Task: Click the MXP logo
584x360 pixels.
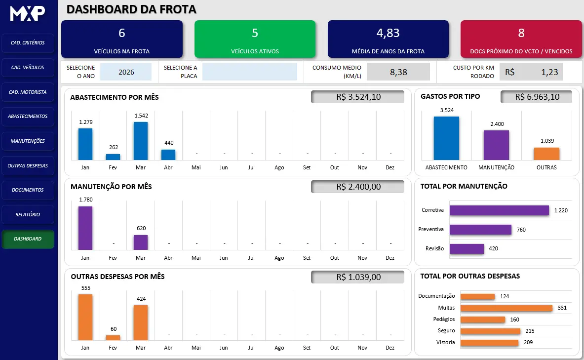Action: [x=28, y=13]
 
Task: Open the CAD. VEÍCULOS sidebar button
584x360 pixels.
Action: [x=28, y=68]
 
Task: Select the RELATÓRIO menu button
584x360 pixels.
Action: [x=28, y=215]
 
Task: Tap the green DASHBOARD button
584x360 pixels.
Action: [x=28, y=239]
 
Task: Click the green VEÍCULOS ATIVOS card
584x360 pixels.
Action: [x=255, y=39]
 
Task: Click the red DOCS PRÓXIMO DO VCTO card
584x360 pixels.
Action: [x=521, y=39]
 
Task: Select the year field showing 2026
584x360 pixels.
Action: [x=126, y=72]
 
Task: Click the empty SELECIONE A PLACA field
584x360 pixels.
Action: [x=249, y=72]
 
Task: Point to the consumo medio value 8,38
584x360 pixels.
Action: [x=398, y=72]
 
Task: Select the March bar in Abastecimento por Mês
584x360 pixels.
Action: [x=141, y=141]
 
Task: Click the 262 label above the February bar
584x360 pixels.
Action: [x=114, y=147]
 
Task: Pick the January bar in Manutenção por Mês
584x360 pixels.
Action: [x=85, y=228]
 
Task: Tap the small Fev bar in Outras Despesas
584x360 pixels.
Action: [x=113, y=338]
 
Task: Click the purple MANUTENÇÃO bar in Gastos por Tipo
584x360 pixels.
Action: [x=497, y=145]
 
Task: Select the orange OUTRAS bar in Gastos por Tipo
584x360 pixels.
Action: [x=547, y=154]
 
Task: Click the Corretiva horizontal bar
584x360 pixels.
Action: [x=499, y=210]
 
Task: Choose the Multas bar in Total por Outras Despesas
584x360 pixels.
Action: [x=506, y=308]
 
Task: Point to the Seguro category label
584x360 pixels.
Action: [x=446, y=330]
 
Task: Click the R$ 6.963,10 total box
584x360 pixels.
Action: [x=537, y=97]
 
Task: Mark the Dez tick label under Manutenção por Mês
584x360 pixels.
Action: [x=390, y=258]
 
